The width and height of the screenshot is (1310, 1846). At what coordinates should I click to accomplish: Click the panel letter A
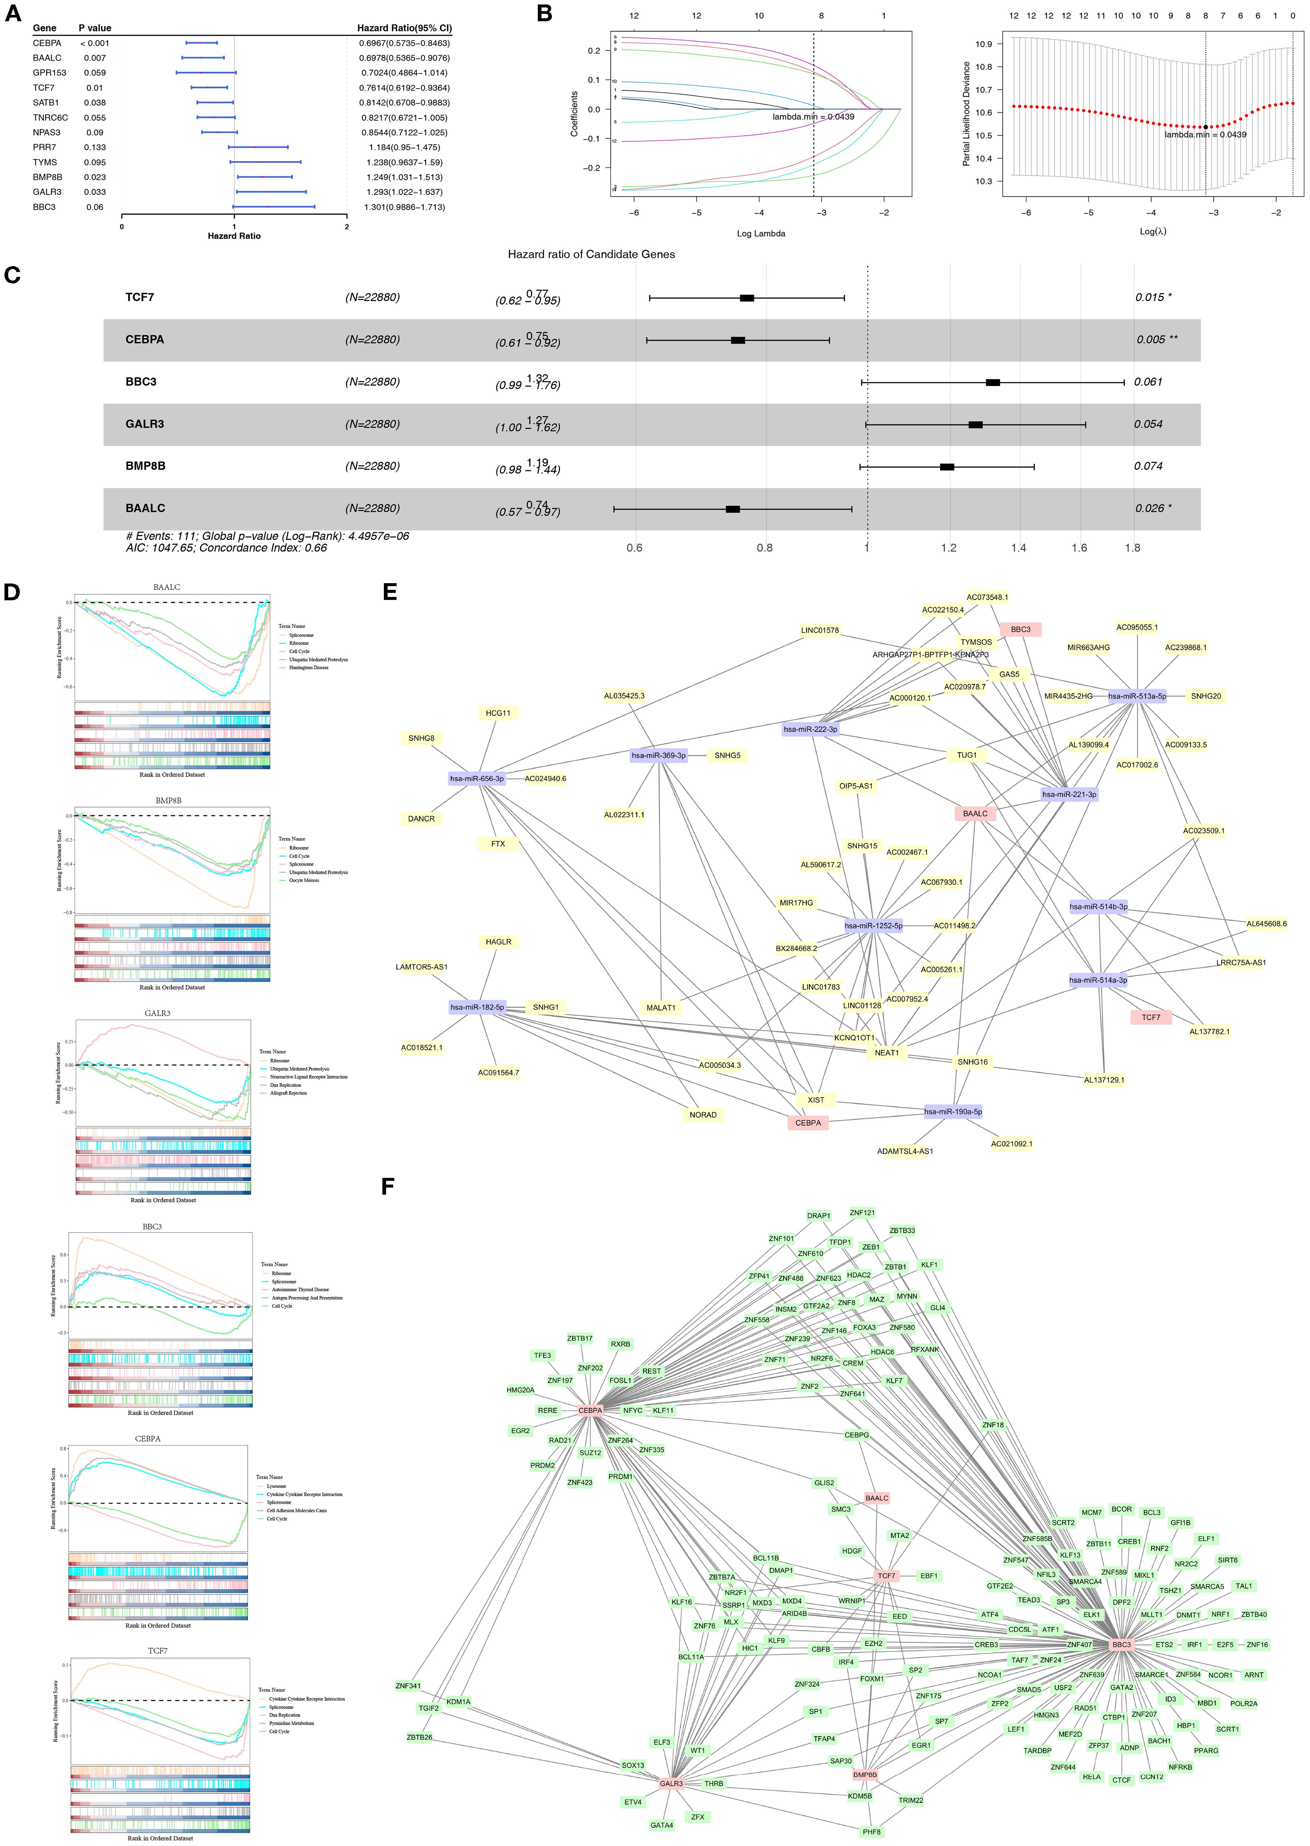(x=13, y=14)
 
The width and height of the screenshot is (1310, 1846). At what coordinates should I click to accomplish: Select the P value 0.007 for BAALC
(x=94, y=58)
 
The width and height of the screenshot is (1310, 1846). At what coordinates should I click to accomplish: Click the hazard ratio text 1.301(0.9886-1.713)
(x=403, y=207)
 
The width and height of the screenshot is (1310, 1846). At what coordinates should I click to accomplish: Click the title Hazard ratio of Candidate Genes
(x=591, y=254)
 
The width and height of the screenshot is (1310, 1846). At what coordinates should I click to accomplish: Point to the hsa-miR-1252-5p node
(x=874, y=926)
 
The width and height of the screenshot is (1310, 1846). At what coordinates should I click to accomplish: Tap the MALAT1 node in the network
(x=661, y=1007)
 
